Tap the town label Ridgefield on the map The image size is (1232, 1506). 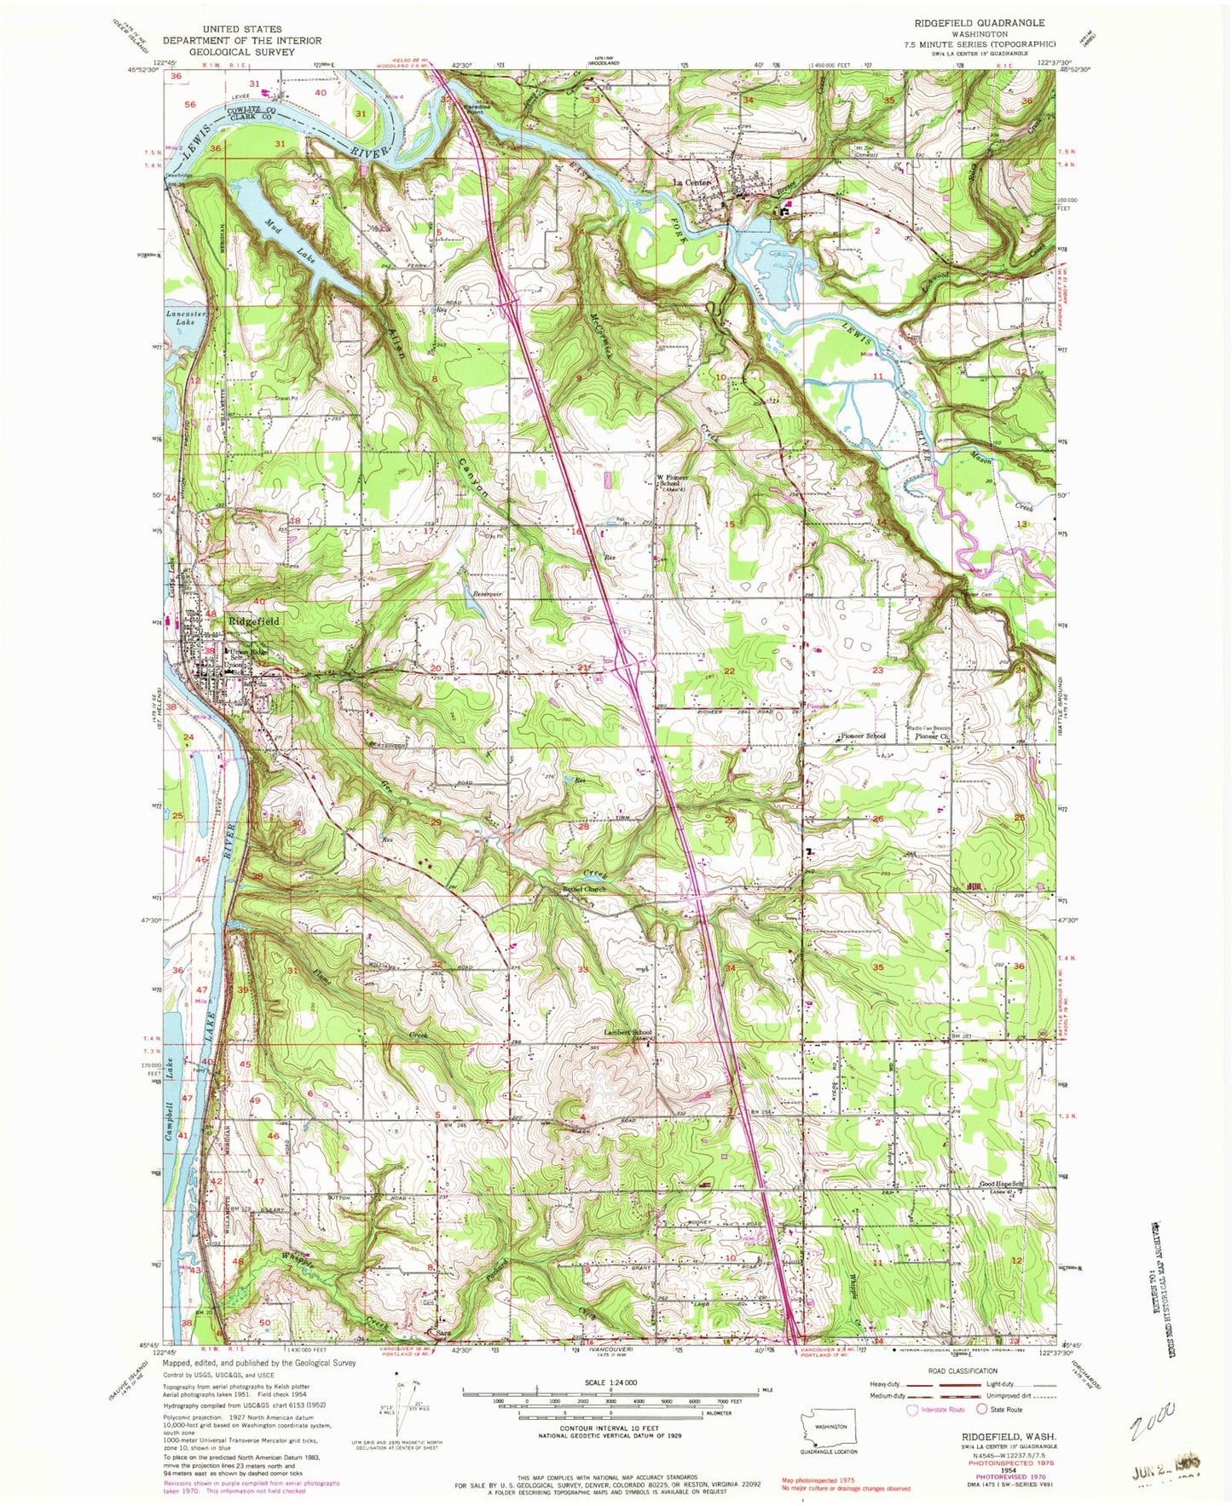coord(253,621)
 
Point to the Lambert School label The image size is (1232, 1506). coord(628,1032)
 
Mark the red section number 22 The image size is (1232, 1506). coord(729,672)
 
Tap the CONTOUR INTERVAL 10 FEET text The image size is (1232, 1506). coord(622,1428)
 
